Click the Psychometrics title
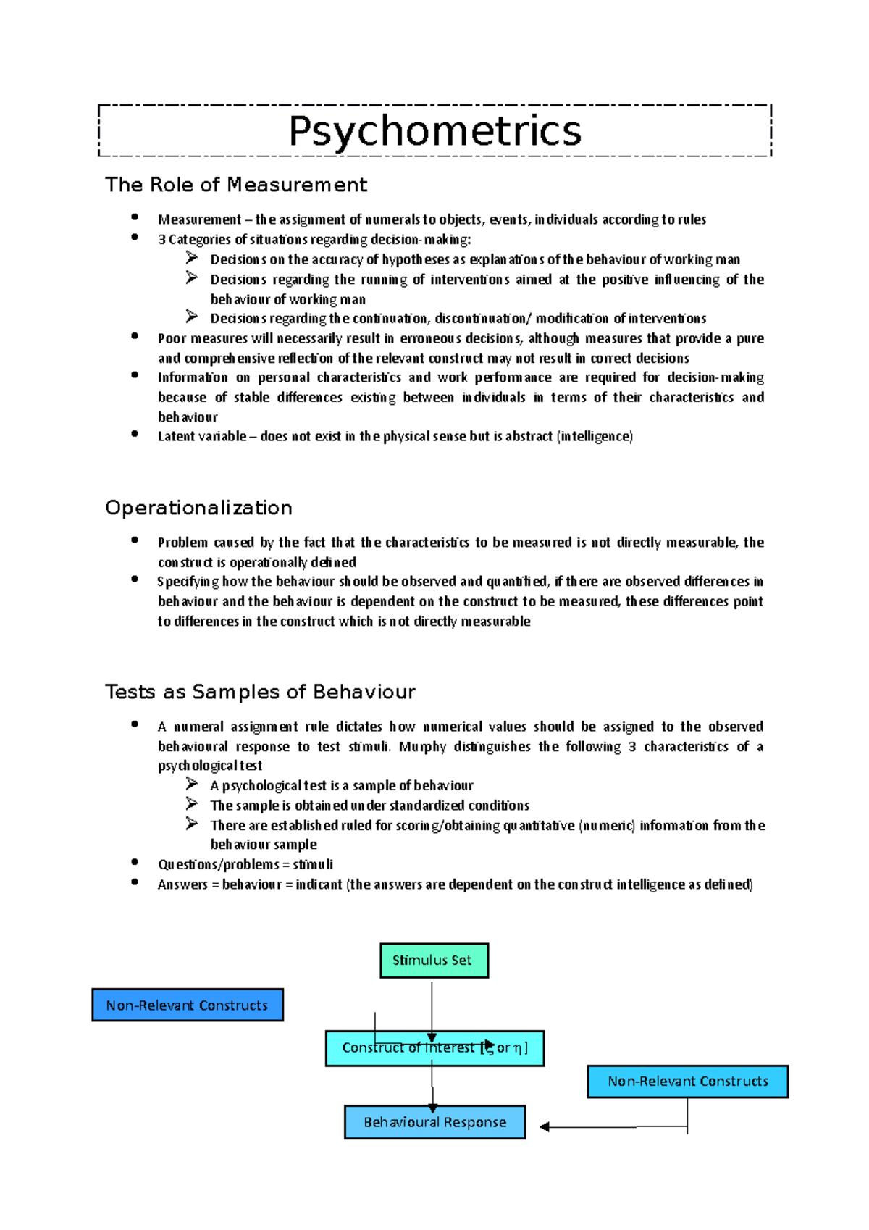tap(434, 131)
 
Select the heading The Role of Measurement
tap(236, 185)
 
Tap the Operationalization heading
tap(198, 508)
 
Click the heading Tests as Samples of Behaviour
tap(260, 692)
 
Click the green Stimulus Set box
tap(434, 961)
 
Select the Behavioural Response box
tap(434, 1122)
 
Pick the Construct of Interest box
tap(434, 1048)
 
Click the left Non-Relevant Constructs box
tap(188, 1005)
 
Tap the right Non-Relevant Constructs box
tap(687, 1082)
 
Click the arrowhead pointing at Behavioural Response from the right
tap(545, 1126)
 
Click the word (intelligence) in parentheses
tap(595, 437)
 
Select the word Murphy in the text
tap(422, 747)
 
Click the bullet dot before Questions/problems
tap(135, 862)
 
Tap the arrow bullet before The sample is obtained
tap(191, 804)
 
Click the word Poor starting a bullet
tap(172, 338)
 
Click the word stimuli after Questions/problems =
tap(313, 865)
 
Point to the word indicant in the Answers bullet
tap(319, 884)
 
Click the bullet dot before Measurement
tap(135, 217)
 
